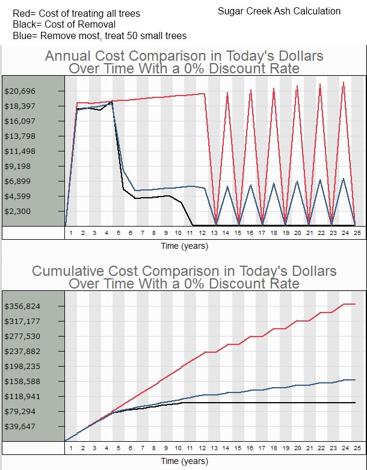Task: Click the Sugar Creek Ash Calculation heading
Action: pyautogui.click(x=279, y=11)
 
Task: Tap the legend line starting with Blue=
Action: pyautogui.click(x=99, y=36)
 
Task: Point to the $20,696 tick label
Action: pyautogui.click(x=20, y=91)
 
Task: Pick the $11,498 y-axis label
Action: pyautogui.click(x=20, y=151)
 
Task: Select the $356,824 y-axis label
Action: pyautogui.click(x=22, y=306)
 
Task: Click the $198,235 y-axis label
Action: pyautogui.click(x=22, y=366)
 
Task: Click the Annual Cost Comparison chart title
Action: pyautogui.click(x=183, y=62)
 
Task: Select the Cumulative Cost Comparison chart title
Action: pyautogui.click(x=183, y=277)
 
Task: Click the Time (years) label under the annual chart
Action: pyautogui.click(x=184, y=246)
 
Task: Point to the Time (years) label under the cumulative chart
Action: pyautogui.click(x=184, y=461)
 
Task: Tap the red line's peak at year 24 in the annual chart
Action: pyautogui.click(x=344, y=82)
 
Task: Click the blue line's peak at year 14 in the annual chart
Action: pyautogui.click(x=227, y=186)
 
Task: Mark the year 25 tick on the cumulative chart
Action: pyautogui.click(x=356, y=448)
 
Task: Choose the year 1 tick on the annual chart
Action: pyautogui.click(x=71, y=232)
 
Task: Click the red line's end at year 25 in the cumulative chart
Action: pyautogui.click(x=356, y=304)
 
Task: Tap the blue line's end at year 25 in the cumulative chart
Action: pyautogui.click(x=356, y=380)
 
